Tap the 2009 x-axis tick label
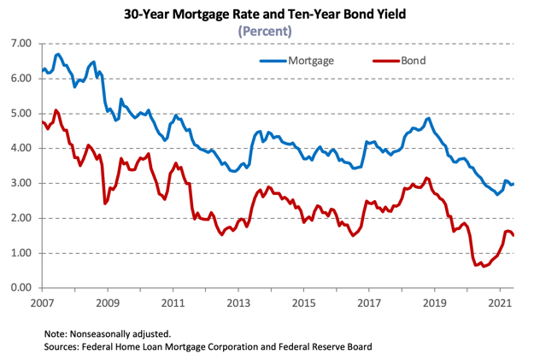(x=107, y=303)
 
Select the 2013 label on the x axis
(x=238, y=303)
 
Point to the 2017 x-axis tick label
(x=369, y=303)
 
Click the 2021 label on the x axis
(x=500, y=303)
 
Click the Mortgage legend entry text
(x=310, y=61)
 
